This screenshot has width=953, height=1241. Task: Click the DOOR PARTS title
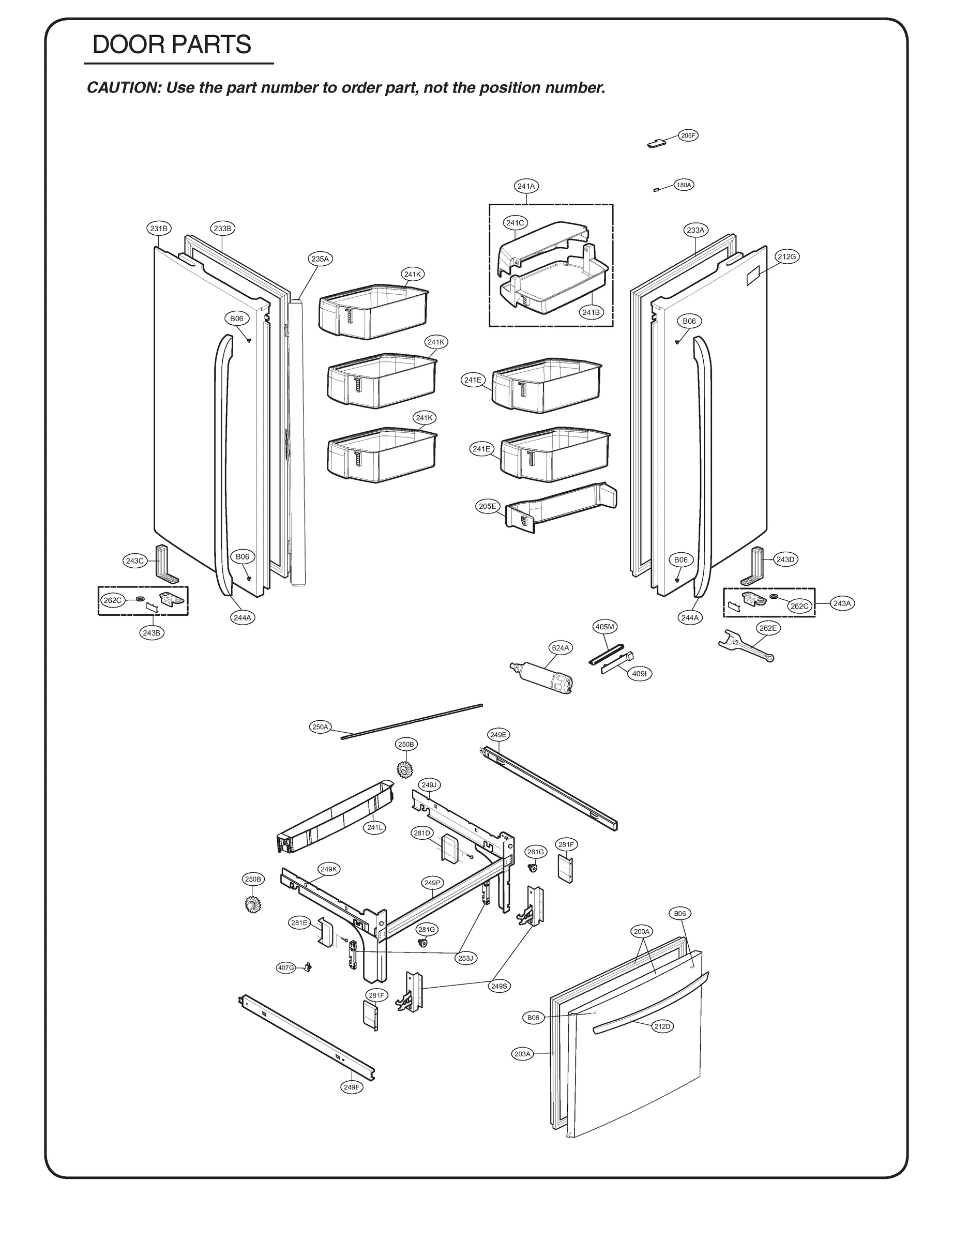[x=171, y=44]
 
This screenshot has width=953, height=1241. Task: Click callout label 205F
[x=688, y=135]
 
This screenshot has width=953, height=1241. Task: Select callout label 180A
[x=684, y=185]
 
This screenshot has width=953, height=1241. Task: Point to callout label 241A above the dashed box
[x=526, y=186]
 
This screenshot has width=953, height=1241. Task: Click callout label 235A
[x=320, y=259]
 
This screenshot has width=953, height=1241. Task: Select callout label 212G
[x=787, y=256]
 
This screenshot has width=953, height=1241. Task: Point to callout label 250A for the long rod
[x=320, y=727]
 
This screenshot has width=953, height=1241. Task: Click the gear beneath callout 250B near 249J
[x=404, y=769]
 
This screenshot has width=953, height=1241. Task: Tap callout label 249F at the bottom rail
[x=351, y=1087]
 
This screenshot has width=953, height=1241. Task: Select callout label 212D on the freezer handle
[x=662, y=1026]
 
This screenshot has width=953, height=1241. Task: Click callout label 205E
[x=487, y=507]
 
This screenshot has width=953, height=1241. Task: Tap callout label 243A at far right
[x=842, y=603]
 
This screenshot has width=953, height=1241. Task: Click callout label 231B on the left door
[x=158, y=229]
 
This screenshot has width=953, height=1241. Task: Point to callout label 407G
[x=286, y=967]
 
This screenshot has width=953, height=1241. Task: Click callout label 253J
[x=465, y=958]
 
